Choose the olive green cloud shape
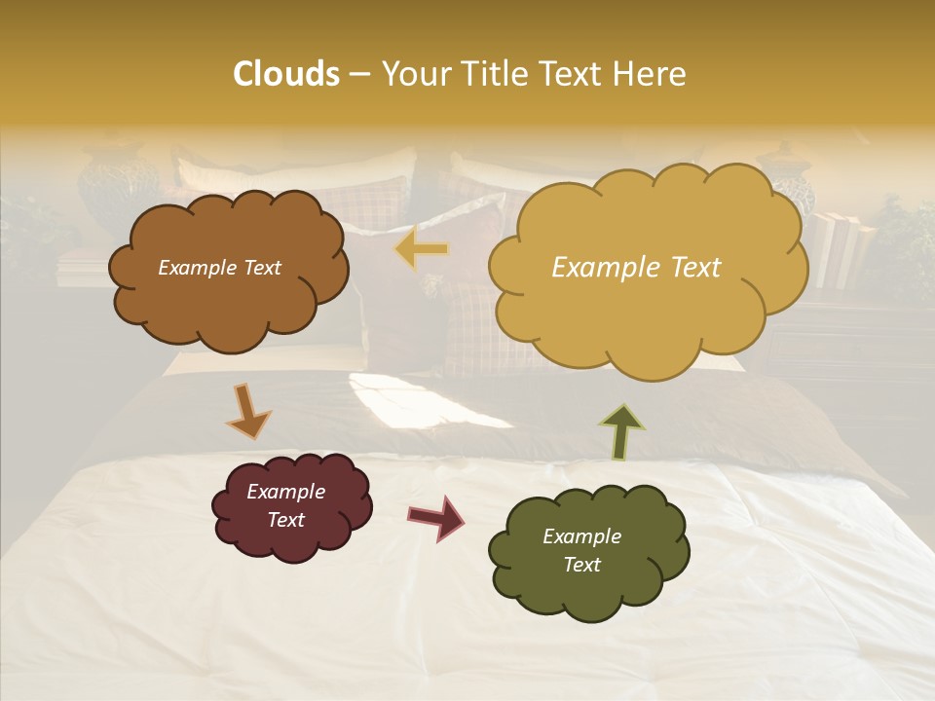(x=587, y=551)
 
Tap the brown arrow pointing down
(x=248, y=410)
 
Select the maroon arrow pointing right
(x=436, y=517)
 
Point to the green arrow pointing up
(x=623, y=429)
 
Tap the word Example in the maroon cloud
(x=285, y=492)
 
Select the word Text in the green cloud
(x=581, y=565)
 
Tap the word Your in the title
(x=411, y=74)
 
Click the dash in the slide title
(x=358, y=75)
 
